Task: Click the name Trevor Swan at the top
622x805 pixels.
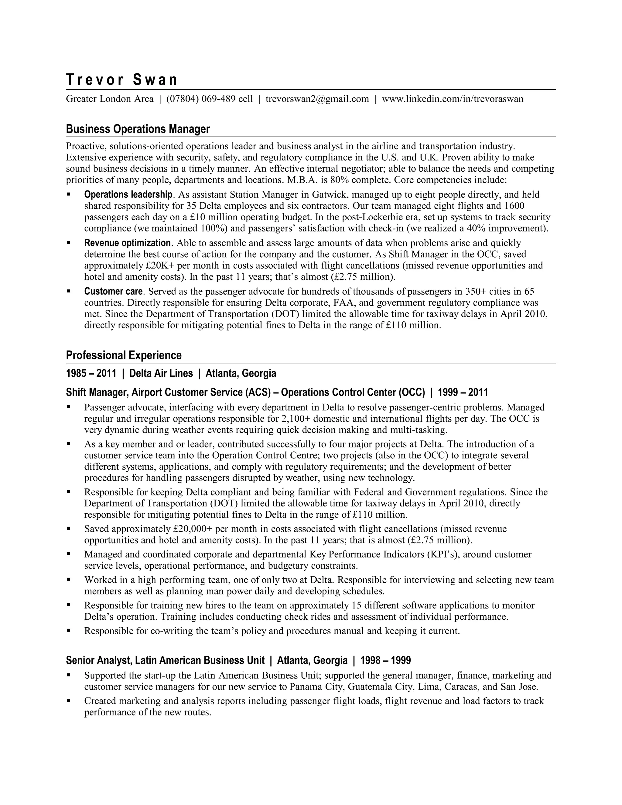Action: tap(121, 80)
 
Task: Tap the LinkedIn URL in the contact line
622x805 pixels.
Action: tap(453, 99)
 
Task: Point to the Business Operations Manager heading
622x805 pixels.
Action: tap(138, 129)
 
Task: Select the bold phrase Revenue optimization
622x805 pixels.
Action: tap(127, 243)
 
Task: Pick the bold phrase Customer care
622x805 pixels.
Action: tap(113, 291)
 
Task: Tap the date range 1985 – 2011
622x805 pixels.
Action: tap(91, 373)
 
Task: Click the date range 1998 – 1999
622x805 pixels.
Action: tap(385, 660)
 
